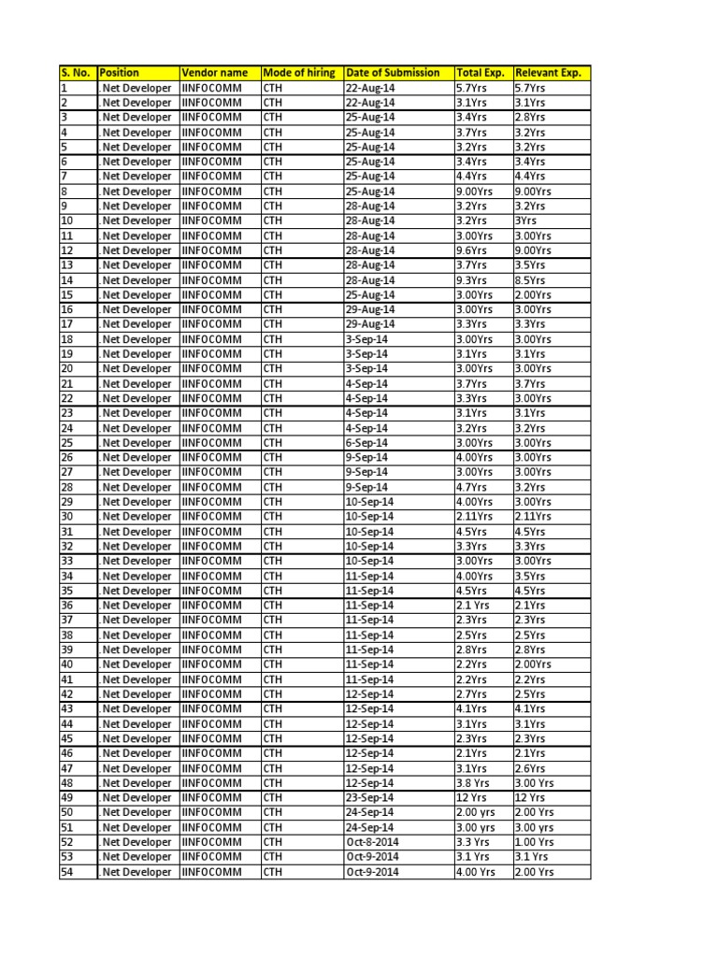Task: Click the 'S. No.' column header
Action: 77,73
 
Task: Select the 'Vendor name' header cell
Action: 215,73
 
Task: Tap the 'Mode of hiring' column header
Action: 298,73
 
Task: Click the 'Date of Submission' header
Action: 393,73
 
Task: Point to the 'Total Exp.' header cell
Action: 481,73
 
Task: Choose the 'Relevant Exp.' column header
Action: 549,73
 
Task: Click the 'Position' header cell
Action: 120,73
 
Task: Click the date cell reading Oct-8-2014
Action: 372,842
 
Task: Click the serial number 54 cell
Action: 66,872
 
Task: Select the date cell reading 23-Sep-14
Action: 370,798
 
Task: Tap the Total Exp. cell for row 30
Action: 474,517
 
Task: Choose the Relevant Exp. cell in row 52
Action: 535,842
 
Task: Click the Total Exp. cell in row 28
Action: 470,487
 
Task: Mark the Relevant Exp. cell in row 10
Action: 525,221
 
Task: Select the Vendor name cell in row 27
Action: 211,472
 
